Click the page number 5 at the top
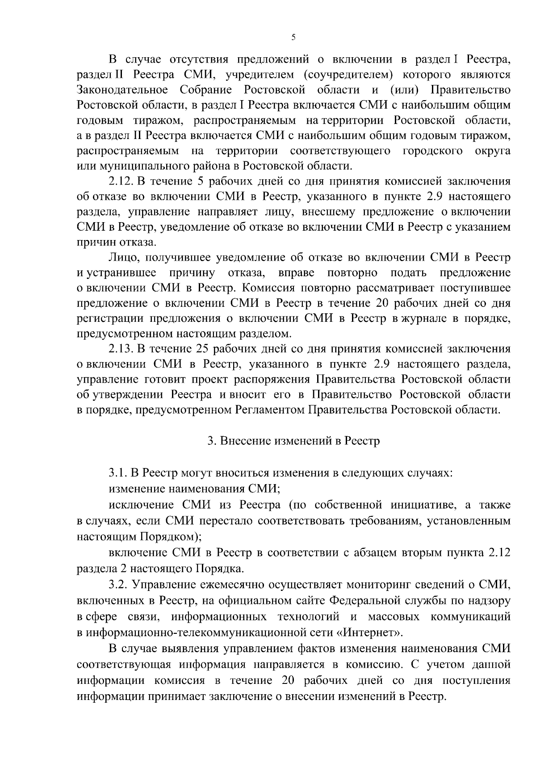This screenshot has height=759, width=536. point(293,38)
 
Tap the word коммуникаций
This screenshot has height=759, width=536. point(470,617)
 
